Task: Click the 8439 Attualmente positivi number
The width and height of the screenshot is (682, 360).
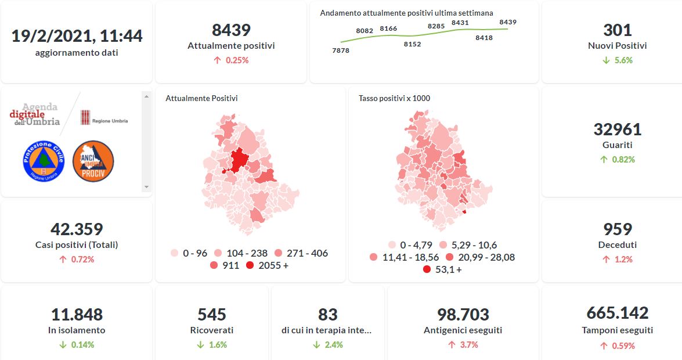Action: pos(231,30)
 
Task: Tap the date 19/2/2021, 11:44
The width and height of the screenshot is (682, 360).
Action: pos(77,36)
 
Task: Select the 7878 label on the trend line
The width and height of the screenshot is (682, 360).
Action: pos(341,51)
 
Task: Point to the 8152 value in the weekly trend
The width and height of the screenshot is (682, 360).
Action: pos(412,44)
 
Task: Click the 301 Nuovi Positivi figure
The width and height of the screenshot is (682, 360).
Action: pos(617,30)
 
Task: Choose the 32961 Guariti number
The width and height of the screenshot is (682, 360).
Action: pos(617,129)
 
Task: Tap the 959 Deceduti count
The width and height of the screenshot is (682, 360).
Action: pos(617,229)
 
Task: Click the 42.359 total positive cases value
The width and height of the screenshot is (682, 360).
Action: pos(77,229)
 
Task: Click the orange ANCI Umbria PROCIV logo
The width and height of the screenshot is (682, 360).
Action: pos(93,161)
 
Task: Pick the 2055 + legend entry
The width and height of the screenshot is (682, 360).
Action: pos(267,265)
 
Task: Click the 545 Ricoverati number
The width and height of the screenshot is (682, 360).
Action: pos(212,315)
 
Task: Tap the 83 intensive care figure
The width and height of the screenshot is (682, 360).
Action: pos(327,315)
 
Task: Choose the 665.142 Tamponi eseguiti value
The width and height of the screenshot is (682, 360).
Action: pos(617,313)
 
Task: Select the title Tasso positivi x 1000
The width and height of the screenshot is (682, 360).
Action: pos(394,98)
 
